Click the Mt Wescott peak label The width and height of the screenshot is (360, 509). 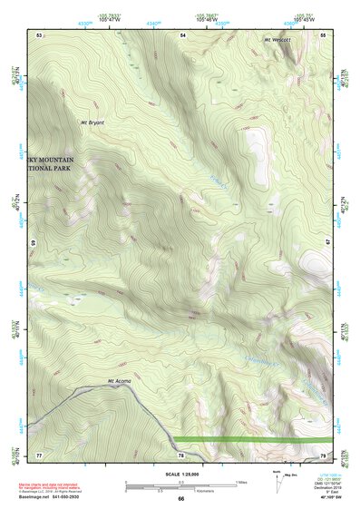[x=279, y=40]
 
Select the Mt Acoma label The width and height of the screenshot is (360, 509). [x=120, y=380]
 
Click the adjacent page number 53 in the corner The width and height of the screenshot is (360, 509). [x=39, y=34]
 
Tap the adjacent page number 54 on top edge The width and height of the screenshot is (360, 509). [x=182, y=34]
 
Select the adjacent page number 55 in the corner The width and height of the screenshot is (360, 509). [x=323, y=34]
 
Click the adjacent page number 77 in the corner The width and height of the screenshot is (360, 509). [x=39, y=454]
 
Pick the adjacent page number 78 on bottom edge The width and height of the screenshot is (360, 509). [x=182, y=454]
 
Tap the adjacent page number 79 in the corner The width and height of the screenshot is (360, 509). [x=323, y=454]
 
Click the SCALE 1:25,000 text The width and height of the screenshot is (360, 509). [x=180, y=475]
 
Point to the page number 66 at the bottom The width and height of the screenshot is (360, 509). [x=180, y=498]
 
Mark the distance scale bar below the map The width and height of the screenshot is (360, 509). [x=180, y=483]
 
